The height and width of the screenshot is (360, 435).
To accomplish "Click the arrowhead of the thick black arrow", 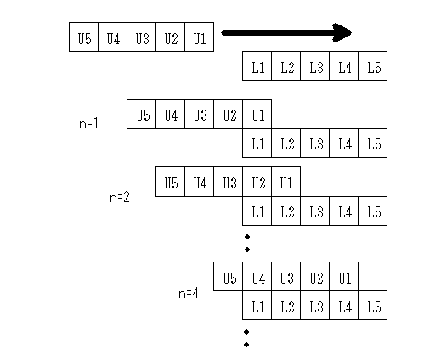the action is [x=342, y=32].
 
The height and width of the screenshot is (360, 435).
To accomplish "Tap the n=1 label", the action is [x=88, y=124].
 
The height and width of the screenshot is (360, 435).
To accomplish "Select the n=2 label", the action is [x=120, y=197].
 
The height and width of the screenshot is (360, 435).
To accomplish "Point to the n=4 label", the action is [x=189, y=293].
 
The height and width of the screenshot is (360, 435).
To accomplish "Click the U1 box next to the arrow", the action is [x=200, y=37].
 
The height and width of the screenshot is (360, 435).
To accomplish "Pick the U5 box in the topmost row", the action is [x=84, y=37].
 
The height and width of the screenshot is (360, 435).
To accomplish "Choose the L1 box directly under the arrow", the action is [x=257, y=66].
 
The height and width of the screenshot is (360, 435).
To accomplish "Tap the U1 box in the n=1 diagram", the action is [x=257, y=115].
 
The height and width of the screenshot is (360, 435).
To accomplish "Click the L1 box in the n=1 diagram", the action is [x=257, y=143].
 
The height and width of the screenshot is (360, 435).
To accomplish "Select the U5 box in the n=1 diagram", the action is [x=142, y=115].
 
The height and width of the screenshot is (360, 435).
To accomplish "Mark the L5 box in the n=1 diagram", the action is [x=373, y=143].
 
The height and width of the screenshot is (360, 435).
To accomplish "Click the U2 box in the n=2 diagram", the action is [x=257, y=182].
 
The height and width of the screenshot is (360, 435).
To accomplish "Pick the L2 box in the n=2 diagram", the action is [x=286, y=211].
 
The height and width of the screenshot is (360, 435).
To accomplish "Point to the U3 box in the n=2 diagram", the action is [x=229, y=182].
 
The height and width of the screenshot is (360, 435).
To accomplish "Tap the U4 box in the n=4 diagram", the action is [x=257, y=277].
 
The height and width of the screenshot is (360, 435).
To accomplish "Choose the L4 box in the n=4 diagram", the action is [x=344, y=306].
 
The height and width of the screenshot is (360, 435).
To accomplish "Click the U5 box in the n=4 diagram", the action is [x=229, y=277].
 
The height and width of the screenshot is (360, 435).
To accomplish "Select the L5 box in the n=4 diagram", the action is [x=373, y=306].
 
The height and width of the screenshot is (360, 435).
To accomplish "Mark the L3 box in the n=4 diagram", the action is [x=315, y=306].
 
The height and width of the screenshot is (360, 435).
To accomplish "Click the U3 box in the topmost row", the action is [x=142, y=37].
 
